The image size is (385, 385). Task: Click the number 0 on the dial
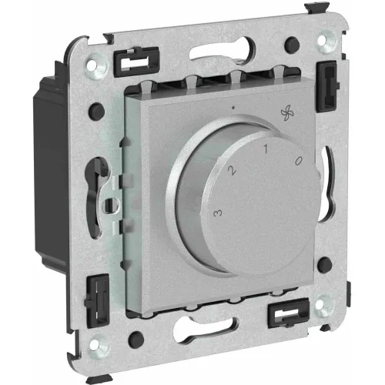299,160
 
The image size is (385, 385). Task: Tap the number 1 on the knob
266,149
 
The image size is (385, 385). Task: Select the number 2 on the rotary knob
232,170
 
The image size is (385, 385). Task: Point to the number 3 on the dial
218,213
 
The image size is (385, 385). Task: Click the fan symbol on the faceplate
287,113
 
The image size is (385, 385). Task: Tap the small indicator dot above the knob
233,108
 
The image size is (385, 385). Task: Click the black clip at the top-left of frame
136,62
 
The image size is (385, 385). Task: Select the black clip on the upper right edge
327,86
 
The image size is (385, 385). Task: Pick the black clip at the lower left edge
98,301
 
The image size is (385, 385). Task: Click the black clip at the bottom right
288,313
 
